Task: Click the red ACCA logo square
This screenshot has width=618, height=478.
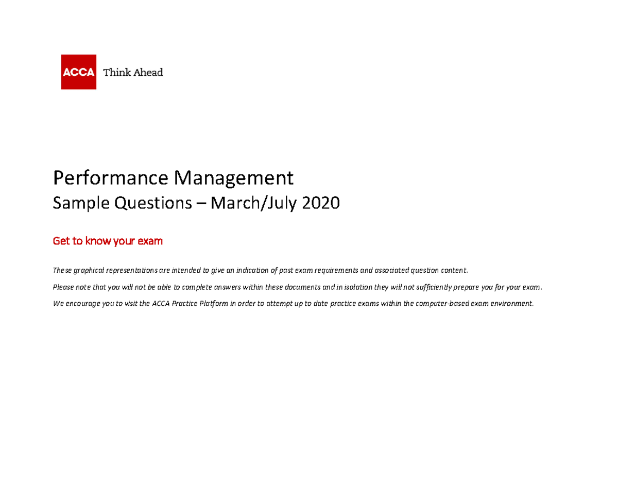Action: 78,72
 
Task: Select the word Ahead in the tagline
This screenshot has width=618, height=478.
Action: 148,72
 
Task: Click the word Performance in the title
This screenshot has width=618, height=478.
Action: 111,179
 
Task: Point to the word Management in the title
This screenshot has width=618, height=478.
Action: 233,178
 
